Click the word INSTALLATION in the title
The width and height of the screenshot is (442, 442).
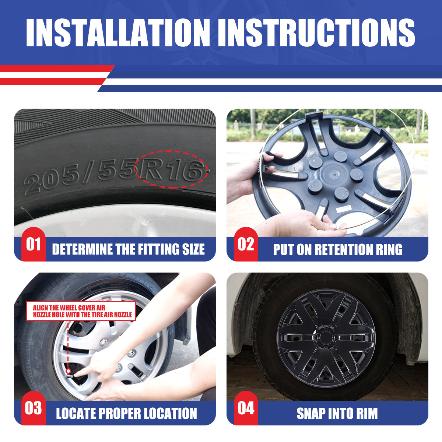117,32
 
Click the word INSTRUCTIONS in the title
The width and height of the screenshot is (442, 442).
316,32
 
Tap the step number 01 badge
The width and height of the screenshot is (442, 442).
34,244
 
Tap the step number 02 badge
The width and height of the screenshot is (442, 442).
246,244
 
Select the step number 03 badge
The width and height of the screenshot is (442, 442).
34,408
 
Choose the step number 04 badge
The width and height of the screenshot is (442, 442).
246,408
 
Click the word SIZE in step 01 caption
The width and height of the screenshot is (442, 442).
193,249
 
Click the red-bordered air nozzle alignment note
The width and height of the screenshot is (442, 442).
81,311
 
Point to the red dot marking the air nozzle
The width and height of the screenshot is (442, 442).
68,371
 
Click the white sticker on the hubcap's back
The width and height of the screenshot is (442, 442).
344,208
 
